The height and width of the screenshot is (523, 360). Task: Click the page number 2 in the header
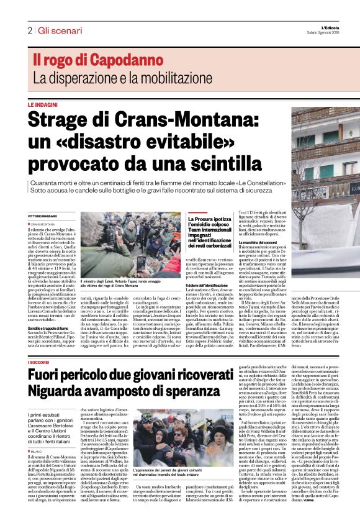tap(29, 30)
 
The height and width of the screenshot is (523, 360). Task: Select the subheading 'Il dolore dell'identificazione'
tap(212, 284)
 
